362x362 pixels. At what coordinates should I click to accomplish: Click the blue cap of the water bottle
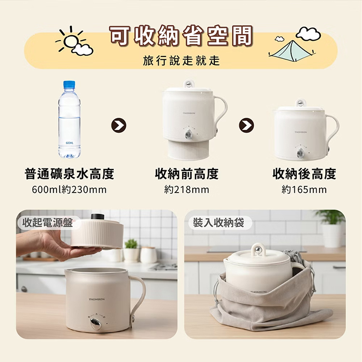69,84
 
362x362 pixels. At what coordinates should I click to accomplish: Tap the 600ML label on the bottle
70,143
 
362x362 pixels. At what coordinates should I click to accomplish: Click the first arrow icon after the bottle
119,125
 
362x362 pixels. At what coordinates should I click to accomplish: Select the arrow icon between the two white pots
246,125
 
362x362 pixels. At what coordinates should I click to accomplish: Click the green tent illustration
292,51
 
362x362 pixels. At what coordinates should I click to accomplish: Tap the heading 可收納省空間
181,36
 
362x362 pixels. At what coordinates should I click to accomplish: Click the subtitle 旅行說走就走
181,60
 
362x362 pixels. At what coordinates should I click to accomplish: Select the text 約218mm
186,190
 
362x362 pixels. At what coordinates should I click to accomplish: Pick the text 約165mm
304,190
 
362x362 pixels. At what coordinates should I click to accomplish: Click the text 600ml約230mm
69,190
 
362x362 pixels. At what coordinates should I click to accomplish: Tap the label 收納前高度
186,174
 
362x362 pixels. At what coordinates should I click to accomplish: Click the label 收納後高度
304,174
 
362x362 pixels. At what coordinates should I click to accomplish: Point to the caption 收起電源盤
48,223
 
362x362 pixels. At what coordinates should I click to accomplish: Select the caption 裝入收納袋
218,223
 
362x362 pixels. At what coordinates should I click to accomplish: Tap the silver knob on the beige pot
96,324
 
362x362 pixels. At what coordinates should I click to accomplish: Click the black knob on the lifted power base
97,217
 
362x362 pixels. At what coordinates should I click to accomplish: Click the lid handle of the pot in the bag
258,249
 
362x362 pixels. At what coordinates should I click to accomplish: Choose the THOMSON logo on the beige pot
97,299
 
